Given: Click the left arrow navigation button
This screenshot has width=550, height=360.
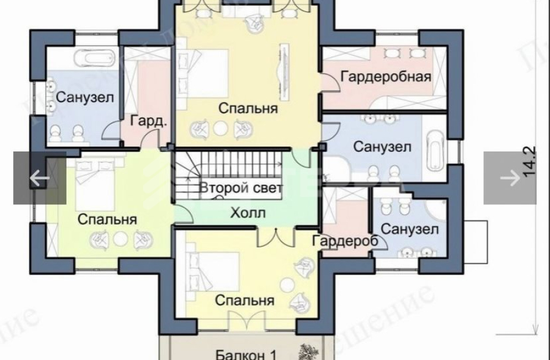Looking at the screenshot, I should point(39,178).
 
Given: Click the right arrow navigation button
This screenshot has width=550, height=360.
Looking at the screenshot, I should point(510,178).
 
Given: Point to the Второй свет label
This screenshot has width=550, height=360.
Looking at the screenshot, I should point(241,188).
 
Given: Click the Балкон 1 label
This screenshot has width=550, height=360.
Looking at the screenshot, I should point(245,354).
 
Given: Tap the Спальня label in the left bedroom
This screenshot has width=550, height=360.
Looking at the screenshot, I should point(108,219).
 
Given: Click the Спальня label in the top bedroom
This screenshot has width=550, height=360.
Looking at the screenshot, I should point(248,109).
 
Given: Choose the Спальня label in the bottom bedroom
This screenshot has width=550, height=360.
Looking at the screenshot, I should point(245,300).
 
